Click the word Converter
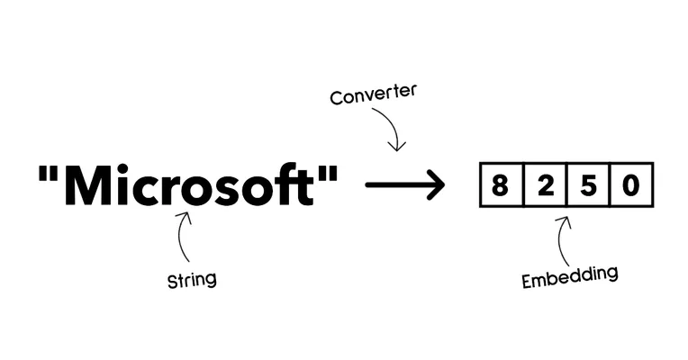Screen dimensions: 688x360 [x=373, y=94]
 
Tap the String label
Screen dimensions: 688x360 [x=192, y=280]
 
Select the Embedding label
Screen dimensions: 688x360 [x=570, y=276]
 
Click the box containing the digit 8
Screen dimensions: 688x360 [x=501, y=184]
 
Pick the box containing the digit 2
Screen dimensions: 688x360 [x=545, y=184]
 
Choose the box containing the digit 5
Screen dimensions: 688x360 [x=588, y=184]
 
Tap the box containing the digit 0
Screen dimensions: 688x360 [x=632, y=184]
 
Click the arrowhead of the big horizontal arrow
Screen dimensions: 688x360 [x=436, y=184]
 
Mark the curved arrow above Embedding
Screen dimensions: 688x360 [x=559, y=240]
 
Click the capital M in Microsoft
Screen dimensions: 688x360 [x=88, y=184]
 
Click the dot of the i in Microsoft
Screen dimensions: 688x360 [x=122, y=168]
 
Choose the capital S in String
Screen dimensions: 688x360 [x=172, y=281]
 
